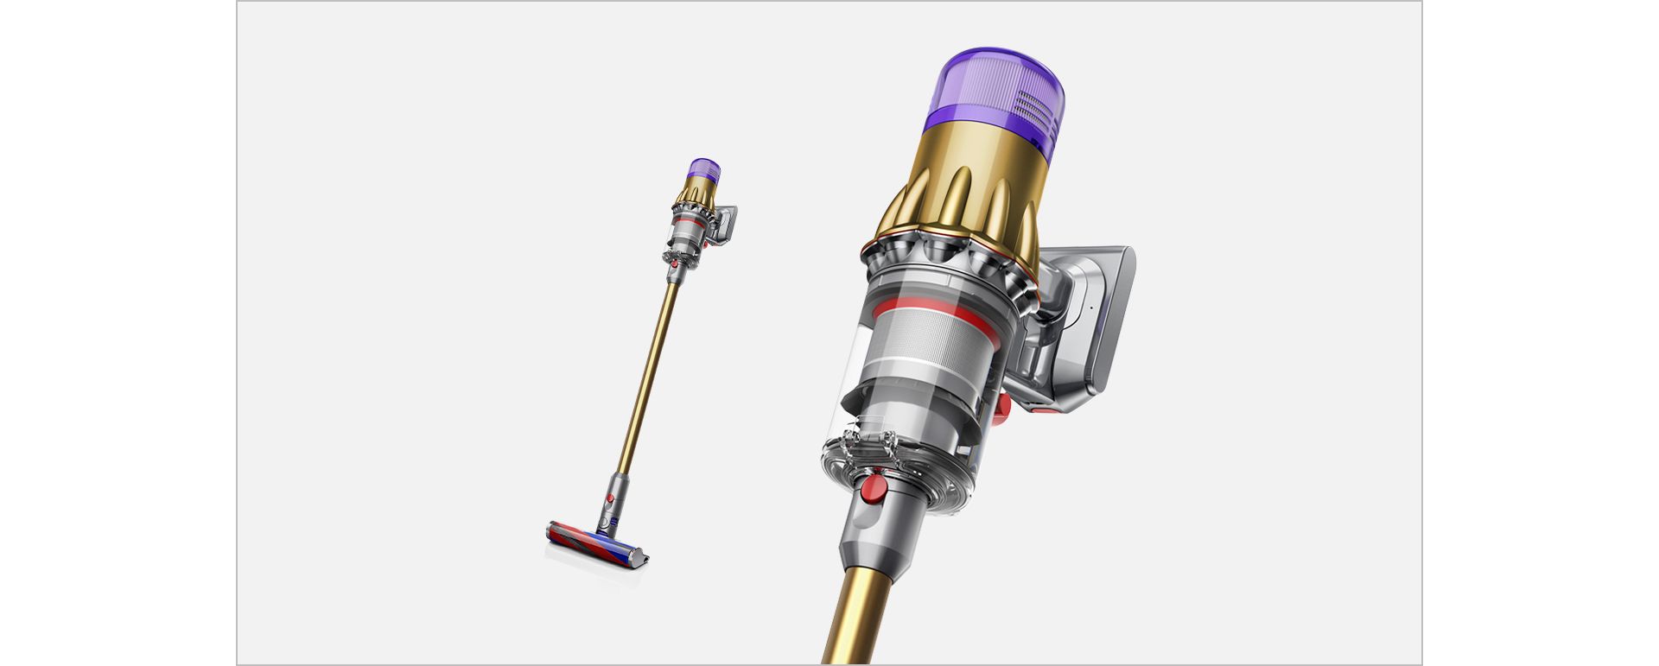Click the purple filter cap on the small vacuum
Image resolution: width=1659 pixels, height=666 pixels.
[705, 169]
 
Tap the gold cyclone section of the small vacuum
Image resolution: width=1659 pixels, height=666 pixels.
[696, 197]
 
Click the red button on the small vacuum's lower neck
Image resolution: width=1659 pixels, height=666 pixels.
[610, 499]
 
